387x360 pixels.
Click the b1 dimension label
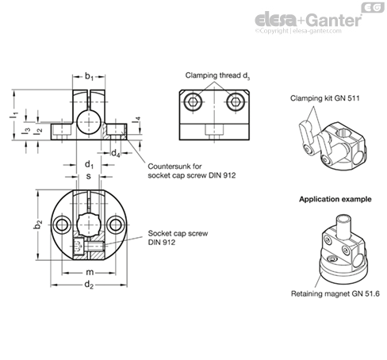coord(89,77)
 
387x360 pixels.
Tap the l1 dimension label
coord(14,115)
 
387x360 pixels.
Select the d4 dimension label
coord(116,153)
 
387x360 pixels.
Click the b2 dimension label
coord(38,224)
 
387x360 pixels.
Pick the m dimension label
coord(90,272)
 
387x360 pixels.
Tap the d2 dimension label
coord(89,285)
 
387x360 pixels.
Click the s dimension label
coord(89,176)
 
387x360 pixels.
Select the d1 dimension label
coord(89,165)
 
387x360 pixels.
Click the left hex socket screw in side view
coord(193,101)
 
